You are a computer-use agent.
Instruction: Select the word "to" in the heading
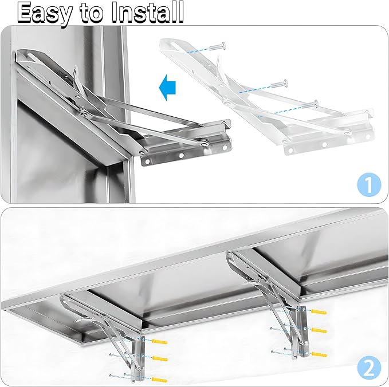point(91,13)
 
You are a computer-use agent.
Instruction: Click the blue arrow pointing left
point(167,87)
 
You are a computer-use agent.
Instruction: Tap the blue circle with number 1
point(369,184)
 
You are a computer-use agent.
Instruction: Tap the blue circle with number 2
point(369,368)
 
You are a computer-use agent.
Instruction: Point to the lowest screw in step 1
point(310,104)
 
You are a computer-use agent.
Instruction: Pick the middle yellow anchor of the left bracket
point(160,358)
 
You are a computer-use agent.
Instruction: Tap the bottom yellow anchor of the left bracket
point(159,380)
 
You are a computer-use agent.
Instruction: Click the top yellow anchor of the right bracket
point(319,311)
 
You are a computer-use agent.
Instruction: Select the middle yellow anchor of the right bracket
point(319,330)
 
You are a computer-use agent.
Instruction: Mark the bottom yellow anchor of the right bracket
point(319,354)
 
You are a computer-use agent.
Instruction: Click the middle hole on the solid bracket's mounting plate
point(182,156)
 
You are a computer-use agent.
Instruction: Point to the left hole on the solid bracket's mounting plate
point(148,162)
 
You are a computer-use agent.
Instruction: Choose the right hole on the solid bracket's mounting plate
point(225,148)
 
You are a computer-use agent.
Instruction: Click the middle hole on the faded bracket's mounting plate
point(324,144)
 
